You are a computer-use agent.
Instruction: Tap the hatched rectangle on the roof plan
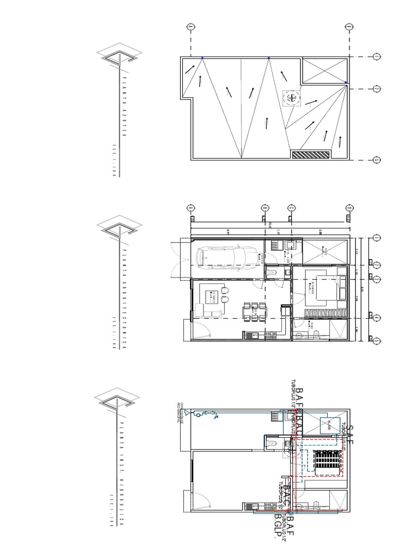[x=311, y=154]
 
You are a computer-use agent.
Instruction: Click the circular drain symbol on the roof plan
[x=293, y=98]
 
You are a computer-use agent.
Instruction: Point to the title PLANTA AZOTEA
[x=124, y=109]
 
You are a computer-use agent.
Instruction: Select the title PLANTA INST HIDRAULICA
[x=124, y=468]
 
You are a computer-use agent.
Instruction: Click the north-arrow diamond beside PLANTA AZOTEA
[x=120, y=54]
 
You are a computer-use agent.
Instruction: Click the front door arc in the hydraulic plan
[x=199, y=502]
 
